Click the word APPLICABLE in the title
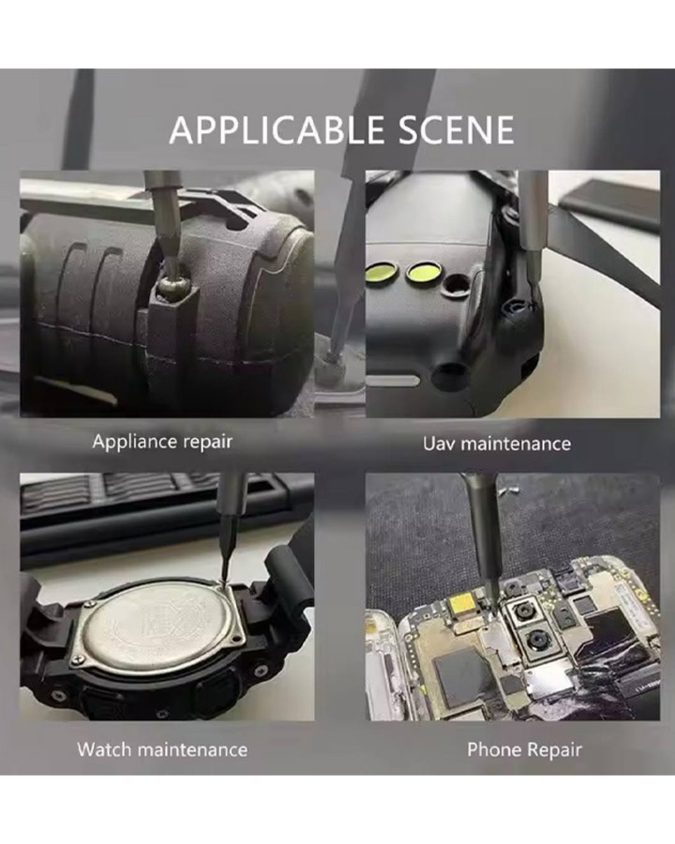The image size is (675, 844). [x=277, y=129]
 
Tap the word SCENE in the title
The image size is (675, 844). [x=457, y=129]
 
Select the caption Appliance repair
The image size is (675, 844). [x=162, y=442]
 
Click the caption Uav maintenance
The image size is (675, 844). [x=496, y=444]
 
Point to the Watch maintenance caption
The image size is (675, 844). [x=162, y=749]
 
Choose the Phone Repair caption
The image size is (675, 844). [x=524, y=750]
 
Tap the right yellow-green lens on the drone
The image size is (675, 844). [x=423, y=272]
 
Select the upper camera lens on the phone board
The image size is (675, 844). [x=521, y=610]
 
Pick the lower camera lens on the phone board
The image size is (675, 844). [x=536, y=641]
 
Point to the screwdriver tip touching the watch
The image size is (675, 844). [x=223, y=581]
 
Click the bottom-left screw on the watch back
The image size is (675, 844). [x=80, y=657]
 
